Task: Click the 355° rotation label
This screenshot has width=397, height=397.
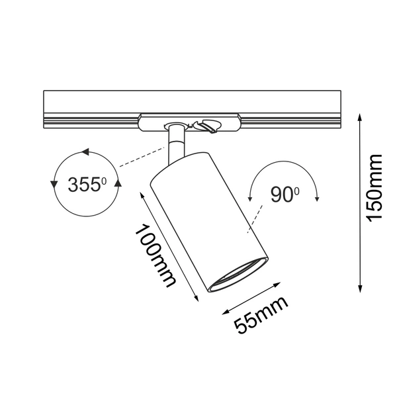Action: coord(87,184)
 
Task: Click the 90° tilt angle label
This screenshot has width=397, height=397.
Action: coord(285,195)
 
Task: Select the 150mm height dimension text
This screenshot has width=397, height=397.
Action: coord(375,188)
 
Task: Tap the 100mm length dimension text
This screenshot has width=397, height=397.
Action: coord(155,255)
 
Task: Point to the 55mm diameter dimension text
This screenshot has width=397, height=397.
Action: coord(261,315)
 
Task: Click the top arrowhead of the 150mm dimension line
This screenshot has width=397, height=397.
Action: coord(360,118)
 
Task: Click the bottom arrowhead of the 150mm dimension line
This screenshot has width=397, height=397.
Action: coord(360,288)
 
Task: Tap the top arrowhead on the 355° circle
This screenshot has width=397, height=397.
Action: coord(85,152)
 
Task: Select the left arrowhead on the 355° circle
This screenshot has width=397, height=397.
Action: coord(54,185)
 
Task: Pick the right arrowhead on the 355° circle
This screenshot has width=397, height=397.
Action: coord(118,183)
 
